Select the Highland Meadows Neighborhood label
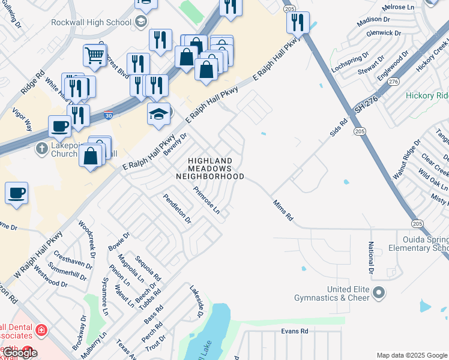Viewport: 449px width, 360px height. coord(209,169)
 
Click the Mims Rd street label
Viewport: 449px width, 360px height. coord(282,211)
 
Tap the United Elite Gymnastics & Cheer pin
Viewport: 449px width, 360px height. coord(378,293)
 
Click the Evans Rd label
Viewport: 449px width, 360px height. coord(294,331)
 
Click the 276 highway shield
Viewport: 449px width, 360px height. coord(394,81)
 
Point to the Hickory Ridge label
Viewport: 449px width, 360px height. coord(427,95)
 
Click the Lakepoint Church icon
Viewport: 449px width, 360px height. coord(41,148)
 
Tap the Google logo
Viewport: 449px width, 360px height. coord(19,353)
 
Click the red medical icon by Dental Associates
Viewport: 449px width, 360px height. coord(40,330)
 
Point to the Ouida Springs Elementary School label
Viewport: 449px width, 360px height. coord(418,244)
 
